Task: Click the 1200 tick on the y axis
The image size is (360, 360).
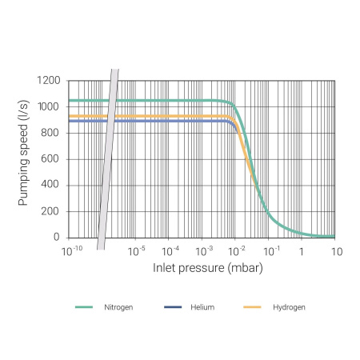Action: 51,81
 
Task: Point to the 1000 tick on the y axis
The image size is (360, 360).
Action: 51,107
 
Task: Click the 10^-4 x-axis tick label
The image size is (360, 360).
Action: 170,251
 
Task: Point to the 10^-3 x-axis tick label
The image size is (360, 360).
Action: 205,251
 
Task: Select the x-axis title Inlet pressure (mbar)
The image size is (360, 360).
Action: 207,267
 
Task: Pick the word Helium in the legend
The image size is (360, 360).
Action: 202,307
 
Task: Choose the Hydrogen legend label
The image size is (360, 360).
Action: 288,307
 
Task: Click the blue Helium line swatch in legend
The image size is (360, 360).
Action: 173,307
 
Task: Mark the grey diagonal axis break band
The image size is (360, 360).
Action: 108,160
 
